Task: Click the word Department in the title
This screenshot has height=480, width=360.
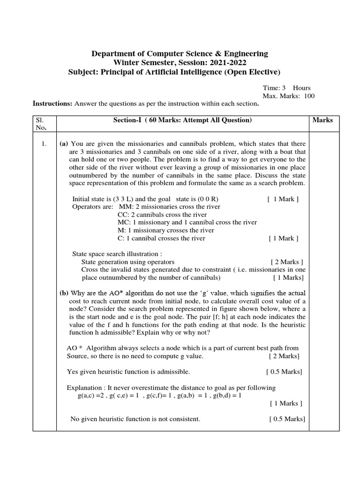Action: pyautogui.click(x=113, y=53)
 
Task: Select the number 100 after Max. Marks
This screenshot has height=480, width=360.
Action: pyautogui.click(x=308, y=96)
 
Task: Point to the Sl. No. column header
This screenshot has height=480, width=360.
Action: pyautogui.click(x=41, y=124)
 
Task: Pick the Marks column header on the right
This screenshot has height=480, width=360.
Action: pyautogui.click(x=322, y=120)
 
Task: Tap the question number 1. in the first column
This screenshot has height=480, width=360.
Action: pyautogui.click(x=44, y=144)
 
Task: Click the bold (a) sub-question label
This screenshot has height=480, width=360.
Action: pyautogui.click(x=64, y=144)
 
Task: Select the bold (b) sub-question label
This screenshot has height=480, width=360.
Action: pyautogui.click(x=64, y=293)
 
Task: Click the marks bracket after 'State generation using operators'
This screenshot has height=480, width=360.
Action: pyautogui.click(x=287, y=262)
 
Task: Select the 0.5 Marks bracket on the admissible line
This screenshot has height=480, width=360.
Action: pyautogui.click(x=284, y=372)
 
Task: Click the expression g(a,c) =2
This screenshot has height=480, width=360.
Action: pyautogui.click(x=93, y=395)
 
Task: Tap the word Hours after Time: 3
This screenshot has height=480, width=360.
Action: pyautogui.click(x=302, y=88)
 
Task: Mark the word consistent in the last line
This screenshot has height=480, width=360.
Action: pyautogui.click(x=185, y=419)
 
